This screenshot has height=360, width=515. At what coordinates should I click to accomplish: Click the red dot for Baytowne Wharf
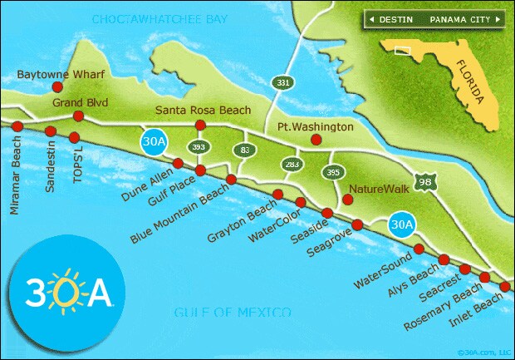pos(57,86)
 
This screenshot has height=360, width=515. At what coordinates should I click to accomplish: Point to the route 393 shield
pos(198,146)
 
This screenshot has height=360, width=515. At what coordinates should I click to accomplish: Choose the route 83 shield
pos(244,150)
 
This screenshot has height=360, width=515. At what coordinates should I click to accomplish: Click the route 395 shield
pos(333,172)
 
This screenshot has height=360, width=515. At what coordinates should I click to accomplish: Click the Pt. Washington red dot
pos(316,140)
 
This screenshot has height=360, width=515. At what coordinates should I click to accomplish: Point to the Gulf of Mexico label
pos(233,313)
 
